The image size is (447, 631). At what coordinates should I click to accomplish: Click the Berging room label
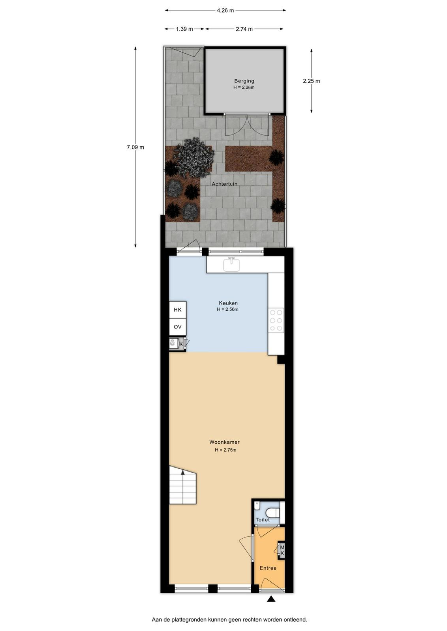point(244,81)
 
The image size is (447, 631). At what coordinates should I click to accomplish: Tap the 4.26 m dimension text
point(225,11)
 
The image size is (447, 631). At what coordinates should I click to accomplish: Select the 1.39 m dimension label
point(184,29)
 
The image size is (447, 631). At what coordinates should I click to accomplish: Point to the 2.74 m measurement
point(244,29)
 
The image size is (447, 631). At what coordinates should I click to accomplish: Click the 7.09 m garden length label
point(135,147)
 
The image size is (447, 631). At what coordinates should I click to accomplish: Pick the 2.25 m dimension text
point(311,81)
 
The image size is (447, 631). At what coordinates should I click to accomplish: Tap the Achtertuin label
point(224,184)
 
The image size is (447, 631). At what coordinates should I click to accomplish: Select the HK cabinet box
point(178,310)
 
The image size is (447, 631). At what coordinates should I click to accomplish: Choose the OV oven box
point(178,327)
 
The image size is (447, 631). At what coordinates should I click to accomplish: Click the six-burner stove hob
point(276,320)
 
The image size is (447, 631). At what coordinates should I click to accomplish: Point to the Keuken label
point(228,303)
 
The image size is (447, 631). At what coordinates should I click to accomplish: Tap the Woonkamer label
point(224,442)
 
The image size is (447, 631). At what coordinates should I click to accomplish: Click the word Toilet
point(263,520)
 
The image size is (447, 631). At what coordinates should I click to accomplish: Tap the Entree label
point(268,568)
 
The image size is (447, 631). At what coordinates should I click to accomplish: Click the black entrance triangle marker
point(271,599)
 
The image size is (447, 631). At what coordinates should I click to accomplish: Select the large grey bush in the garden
point(194,157)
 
